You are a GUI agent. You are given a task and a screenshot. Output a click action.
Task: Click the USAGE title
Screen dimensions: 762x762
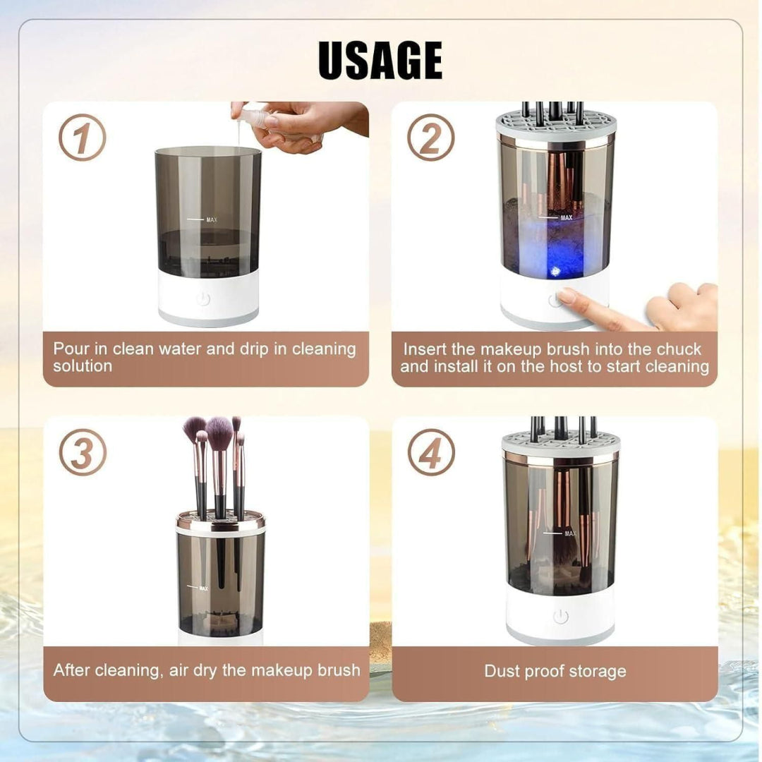[x=380, y=61]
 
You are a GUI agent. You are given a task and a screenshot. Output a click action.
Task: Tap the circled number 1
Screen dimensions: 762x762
[x=82, y=138]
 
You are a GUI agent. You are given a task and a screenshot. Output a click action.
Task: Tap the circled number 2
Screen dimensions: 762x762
[x=430, y=138]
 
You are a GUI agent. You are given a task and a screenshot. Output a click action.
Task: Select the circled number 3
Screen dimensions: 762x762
[x=83, y=452]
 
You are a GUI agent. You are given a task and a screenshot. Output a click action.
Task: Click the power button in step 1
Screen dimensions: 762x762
[x=203, y=298]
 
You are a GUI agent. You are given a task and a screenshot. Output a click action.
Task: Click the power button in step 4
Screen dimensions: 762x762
[x=561, y=617]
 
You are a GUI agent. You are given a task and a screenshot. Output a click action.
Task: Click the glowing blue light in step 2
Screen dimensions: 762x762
[x=555, y=271]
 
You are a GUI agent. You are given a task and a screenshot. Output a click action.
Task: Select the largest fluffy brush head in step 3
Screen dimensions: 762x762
[x=219, y=432]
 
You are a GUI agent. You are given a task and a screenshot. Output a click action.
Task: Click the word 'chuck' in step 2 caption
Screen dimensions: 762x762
[x=679, y=349]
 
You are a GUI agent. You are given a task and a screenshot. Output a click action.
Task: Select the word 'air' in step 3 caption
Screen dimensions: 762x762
[x=180, y=670]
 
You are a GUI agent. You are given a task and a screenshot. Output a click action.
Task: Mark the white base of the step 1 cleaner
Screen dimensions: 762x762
[x=209, y=303]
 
